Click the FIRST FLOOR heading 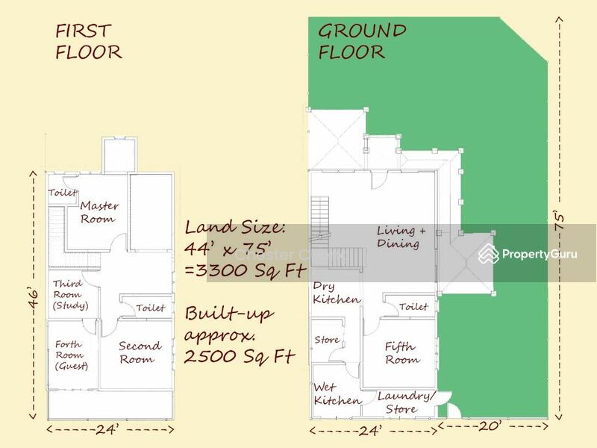88,42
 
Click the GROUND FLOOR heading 362,42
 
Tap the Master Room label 99,212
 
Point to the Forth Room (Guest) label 71,355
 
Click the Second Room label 140,352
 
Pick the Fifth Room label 402,353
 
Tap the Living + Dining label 401,237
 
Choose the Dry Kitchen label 336,293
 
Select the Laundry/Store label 405,402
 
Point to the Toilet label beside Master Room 63,193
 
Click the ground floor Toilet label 413,307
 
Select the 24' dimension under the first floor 110,429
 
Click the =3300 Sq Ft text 237,270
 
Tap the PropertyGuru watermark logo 528,254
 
